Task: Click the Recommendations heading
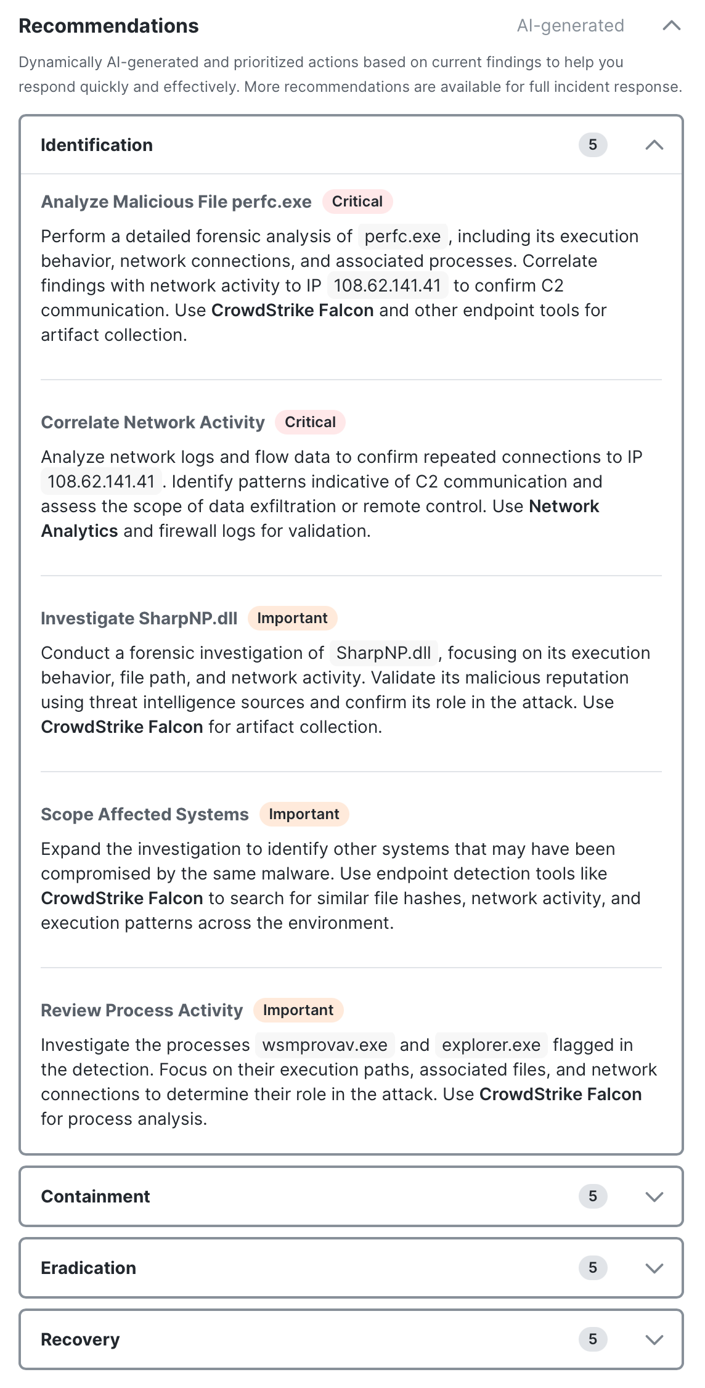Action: coord(108,26)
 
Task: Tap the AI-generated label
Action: coord(570,25)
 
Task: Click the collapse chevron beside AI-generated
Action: coord(671,25)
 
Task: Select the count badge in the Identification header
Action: coord(593,145)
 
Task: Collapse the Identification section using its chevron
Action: coord(654,145)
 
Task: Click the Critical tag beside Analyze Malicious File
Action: coord(357,202)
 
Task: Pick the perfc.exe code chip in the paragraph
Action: coord(402,237)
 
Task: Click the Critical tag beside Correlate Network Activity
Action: coord(310,422)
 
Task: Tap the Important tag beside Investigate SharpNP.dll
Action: coord(292,618)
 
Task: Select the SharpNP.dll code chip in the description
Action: coord(383,653)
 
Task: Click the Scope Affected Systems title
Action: coord(145,814)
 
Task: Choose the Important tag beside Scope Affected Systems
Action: coord(304,814)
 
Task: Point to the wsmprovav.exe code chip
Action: coord(325,1045)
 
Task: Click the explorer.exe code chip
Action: coord(491,1045)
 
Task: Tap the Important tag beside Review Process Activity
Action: coord(298,1010)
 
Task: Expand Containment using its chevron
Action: coord(654,1196)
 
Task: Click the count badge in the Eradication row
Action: coord(593,1268)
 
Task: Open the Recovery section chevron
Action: coord(654,1339)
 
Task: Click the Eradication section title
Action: coord(88,1268)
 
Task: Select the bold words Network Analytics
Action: coord(563,507)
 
